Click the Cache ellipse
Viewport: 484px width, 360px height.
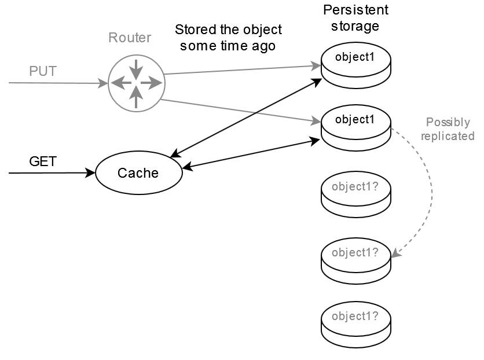138,172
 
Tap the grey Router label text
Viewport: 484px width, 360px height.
130,38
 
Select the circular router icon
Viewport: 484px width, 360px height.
136,83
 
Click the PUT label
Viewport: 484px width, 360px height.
43,71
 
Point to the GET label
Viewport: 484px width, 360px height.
43,161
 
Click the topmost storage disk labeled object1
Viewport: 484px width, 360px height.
356,65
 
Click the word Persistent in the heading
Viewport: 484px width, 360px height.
355,10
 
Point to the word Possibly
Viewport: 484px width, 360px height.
448,123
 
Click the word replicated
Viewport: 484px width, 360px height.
448,136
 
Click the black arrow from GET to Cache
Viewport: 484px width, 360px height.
52,172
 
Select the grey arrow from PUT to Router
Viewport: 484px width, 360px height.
58,83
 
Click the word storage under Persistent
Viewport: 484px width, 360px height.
355,26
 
